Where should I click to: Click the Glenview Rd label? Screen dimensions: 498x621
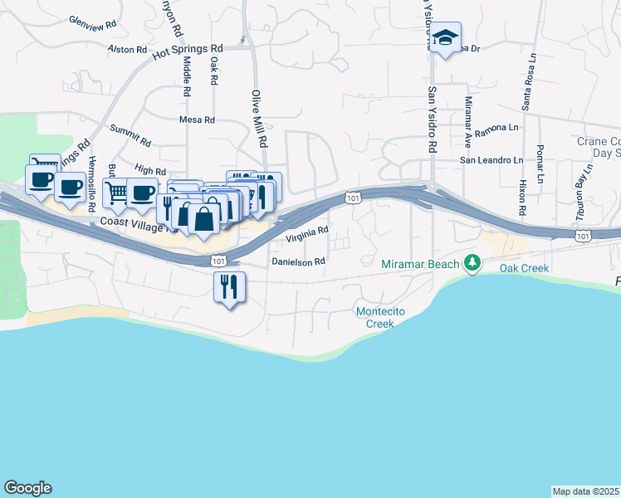pyautogui.click(x=91, y=23)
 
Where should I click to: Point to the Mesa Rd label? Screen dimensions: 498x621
pyautogui.click(x=197, y=120)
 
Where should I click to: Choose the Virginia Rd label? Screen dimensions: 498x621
pyautogui.click(x=308, y=235)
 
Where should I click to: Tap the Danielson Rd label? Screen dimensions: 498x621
pyautogui.click(x=298, y=261)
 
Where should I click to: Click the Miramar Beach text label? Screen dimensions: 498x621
pyautogui.click(x=422, y=264)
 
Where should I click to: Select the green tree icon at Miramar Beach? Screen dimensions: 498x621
pyautogui.click(x=473, y=263)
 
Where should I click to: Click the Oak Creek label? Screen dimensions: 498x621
pyautogui.click(x=524, y=268)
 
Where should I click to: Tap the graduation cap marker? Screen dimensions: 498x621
pyautogui.click(x=445, y=38)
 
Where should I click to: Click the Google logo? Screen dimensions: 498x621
pyautogui.click(x=27, y=488)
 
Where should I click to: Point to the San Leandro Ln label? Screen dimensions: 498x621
pyautogui.click(x=492, y=160)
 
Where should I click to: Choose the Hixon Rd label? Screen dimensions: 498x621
pyautogui.click(x=522, y=192)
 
